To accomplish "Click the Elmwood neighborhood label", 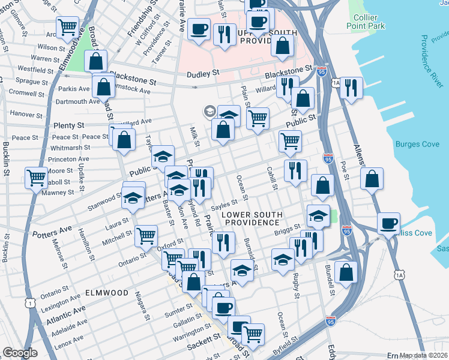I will point(107,293).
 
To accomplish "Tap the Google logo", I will point(20,353).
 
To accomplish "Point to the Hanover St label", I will point(23,113).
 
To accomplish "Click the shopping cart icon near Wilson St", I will point(68,28).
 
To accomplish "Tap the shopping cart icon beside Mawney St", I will point(36,178).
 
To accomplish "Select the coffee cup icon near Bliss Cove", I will point(388,223).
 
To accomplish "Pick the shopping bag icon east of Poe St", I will point(372,178).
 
